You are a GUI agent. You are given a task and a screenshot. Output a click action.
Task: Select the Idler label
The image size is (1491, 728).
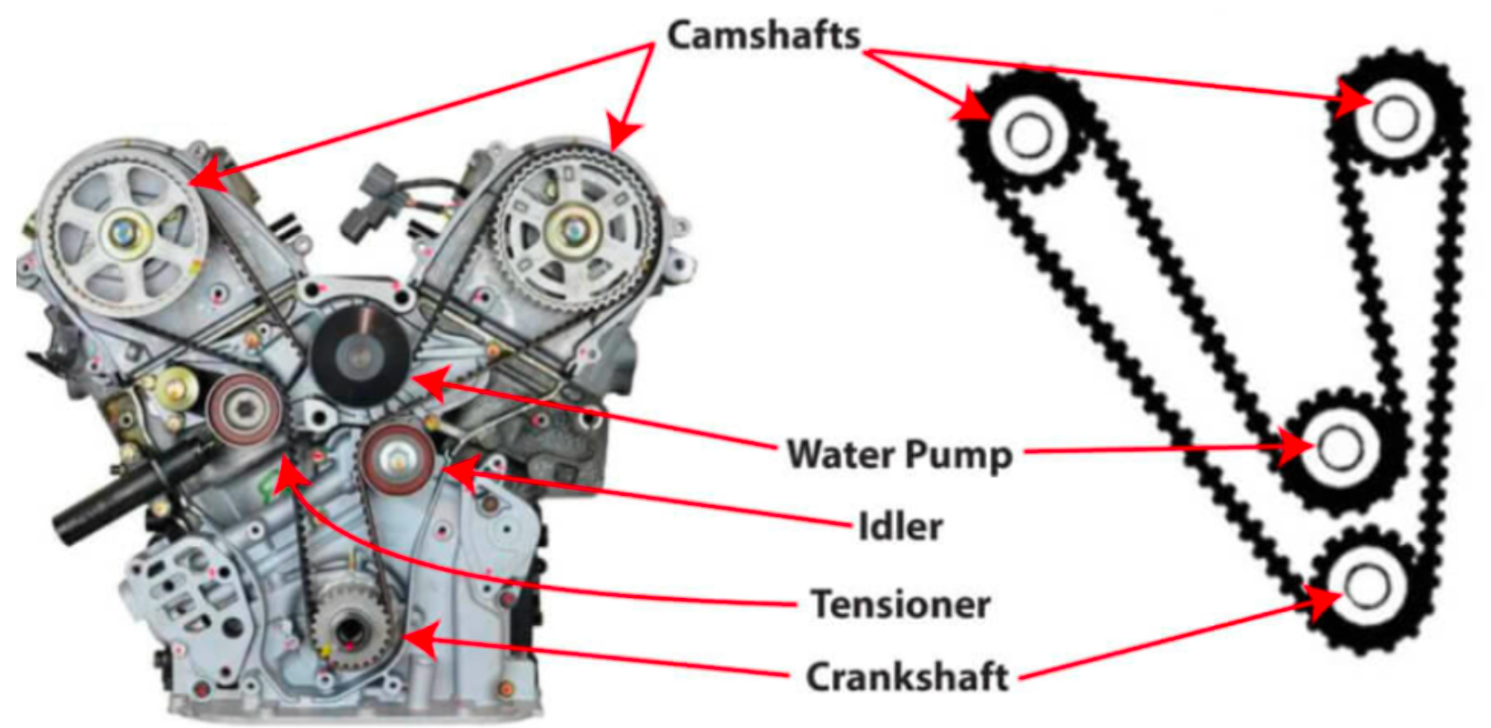900,526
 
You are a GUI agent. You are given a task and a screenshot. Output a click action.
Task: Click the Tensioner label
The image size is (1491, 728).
900,603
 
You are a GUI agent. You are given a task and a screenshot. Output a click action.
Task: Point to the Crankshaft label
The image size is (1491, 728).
908,677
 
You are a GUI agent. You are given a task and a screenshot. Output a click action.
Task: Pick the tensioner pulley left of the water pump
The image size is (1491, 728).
243,409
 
